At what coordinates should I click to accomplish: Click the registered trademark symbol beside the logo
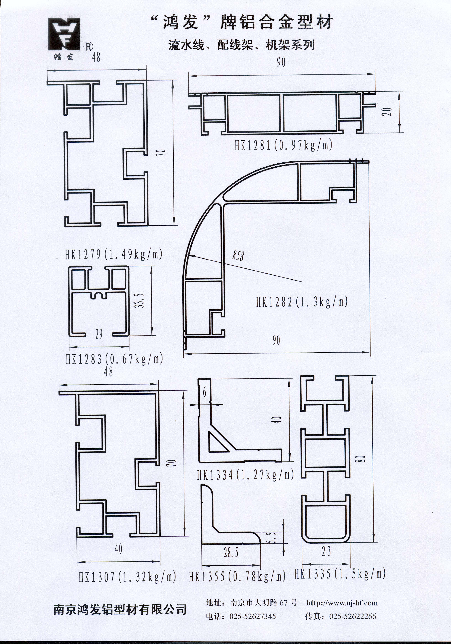(88, 47)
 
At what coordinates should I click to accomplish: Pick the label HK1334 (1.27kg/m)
(245, 475)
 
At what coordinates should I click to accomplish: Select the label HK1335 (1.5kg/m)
(340, 574)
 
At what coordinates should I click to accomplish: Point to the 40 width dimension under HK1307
(118, 549)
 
